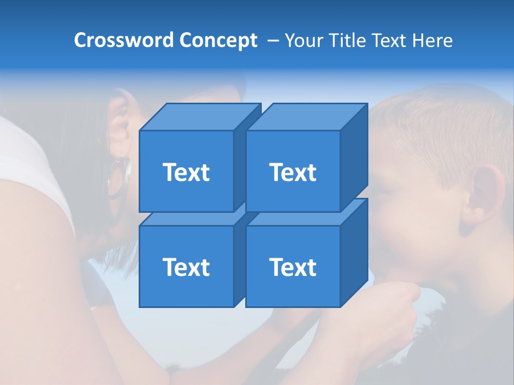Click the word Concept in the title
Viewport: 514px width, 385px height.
click(218, 40)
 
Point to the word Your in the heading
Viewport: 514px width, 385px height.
click(304, 40)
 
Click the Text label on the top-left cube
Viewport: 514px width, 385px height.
click(186, 172)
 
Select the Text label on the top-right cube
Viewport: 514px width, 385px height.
click(293, 172)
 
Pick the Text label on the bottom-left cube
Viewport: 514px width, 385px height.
click(186, 267)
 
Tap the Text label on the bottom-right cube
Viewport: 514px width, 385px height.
click(293, 267)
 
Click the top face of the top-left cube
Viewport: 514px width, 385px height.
click(200, 117)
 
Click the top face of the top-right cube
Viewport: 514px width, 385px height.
click(306, 117)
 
